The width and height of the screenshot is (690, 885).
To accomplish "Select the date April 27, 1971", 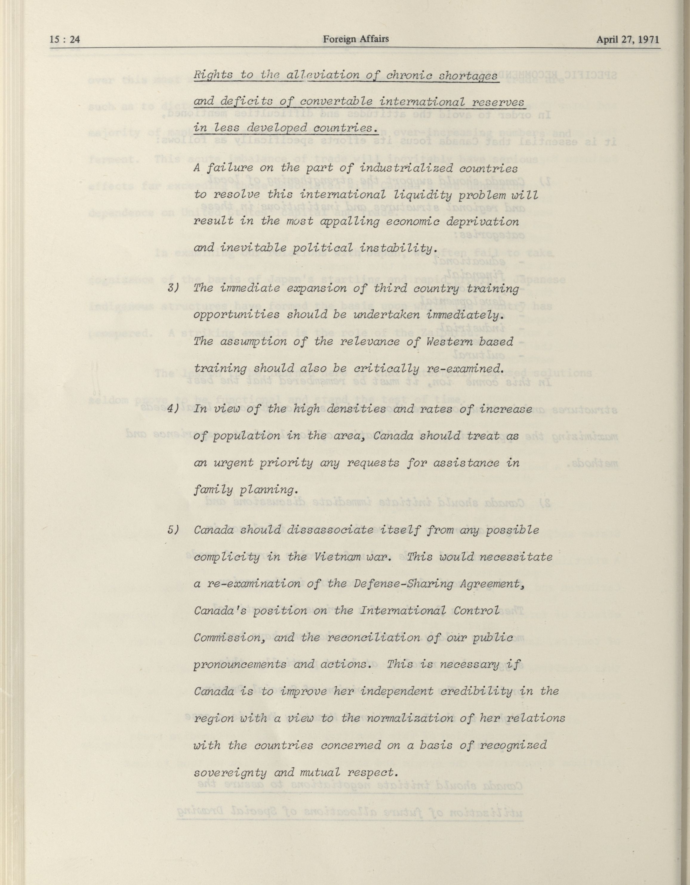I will [628, 40].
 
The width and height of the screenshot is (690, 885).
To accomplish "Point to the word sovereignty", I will [230, 772].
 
